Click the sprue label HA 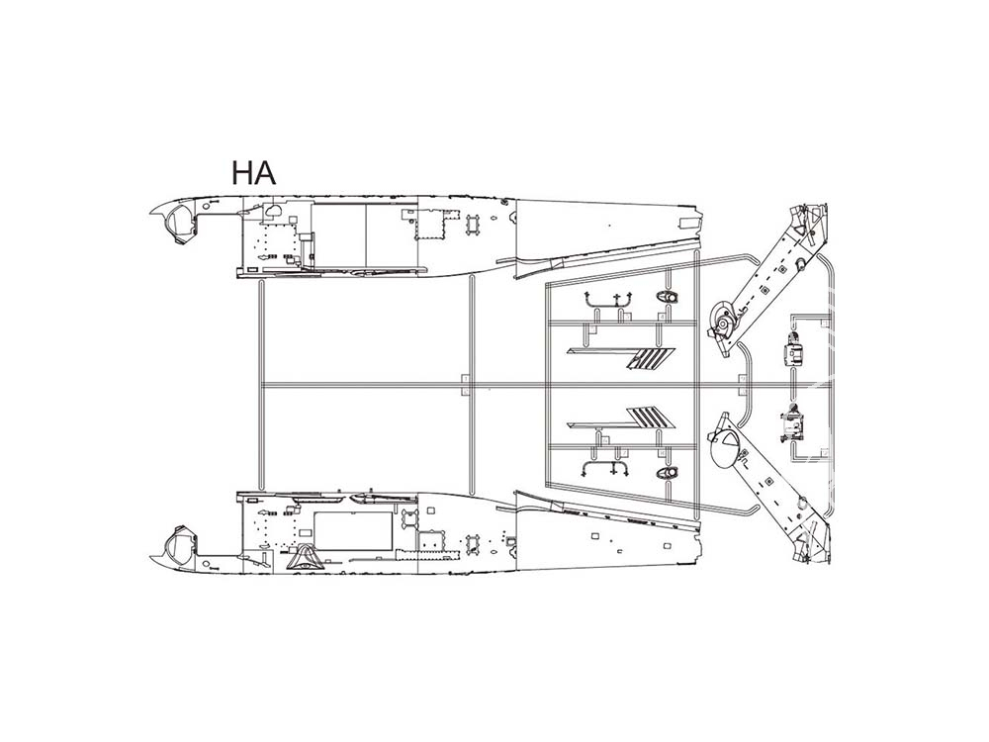[x=253, y=172]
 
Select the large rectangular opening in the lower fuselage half [x=353, y=530]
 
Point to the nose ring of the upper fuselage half [x=179, y=221]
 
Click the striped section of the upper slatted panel [x=650, y=358]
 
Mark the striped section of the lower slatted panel [x=651, y=417]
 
